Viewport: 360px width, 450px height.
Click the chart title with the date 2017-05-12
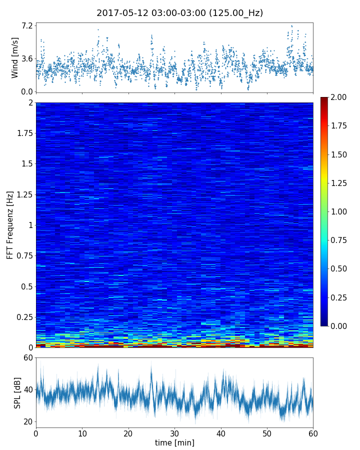[x=179, y=13]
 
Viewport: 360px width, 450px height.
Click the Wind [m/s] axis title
[x=15, y=57]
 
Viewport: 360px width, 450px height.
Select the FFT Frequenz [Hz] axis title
[x=10, y=224]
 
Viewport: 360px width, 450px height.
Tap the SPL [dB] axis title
[x=17, y=392]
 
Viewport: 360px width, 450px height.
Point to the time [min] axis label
[x=174, y=442]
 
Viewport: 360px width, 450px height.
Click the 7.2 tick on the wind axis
[x=27, y=25]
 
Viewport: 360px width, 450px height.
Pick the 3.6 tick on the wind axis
[x=27, y=58]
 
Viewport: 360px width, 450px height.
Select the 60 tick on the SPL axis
[x=27, y=358]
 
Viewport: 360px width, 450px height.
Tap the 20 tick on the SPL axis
[x=27, y=421]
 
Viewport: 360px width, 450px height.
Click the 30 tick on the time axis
[x=174, y=432]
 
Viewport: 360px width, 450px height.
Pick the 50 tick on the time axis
[x=267, y=432]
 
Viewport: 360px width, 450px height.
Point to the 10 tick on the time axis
[x=82, y=432]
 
